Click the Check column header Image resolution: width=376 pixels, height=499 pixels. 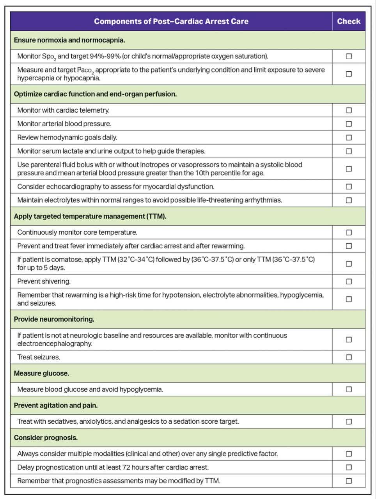coord(349,21)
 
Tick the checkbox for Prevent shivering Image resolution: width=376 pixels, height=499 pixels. coord(349,281)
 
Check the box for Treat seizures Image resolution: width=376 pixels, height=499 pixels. coord(349,357)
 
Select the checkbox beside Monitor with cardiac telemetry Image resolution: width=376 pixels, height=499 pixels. coord(349,110)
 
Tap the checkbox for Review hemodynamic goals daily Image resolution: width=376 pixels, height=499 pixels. coord(349,138)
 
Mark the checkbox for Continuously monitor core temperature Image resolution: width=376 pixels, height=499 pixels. coord(349,232)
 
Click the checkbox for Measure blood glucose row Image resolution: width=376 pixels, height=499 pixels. coord(349,389)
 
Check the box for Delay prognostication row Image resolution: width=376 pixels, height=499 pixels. coord(349,467)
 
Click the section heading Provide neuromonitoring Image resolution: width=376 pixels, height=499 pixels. coord(54,319)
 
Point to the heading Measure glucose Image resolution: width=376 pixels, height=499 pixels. coord(41,373)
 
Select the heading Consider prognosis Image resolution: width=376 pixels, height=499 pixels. coord(46,438)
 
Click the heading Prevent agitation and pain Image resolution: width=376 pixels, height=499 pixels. coord(56,405)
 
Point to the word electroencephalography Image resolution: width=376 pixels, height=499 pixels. coord(55,344)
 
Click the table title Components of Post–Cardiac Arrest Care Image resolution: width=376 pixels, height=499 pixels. coord(171,21)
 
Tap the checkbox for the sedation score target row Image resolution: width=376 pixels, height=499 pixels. coord(349,421)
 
